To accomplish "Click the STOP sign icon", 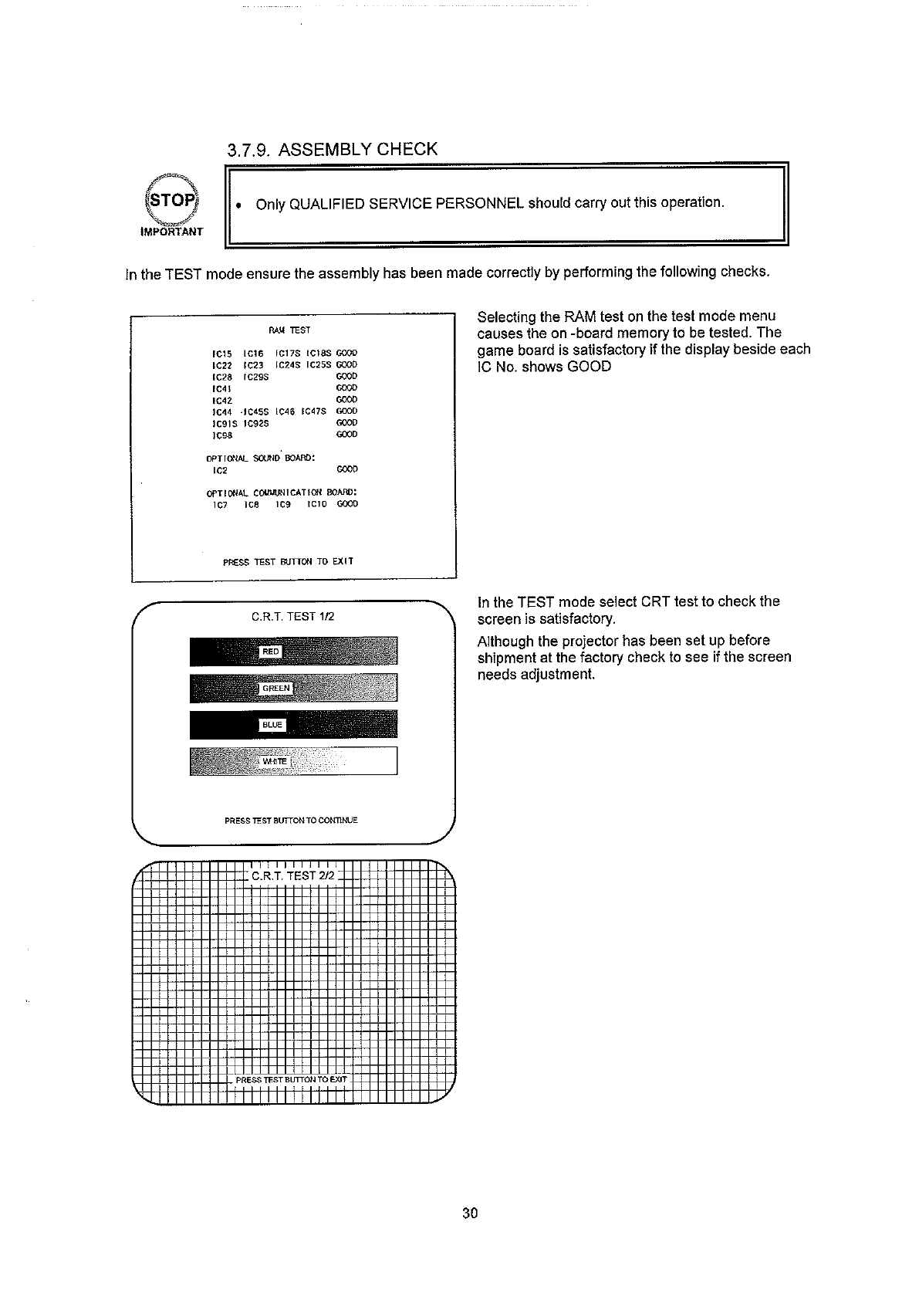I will [174, 201].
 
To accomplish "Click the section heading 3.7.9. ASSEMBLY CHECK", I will [332, 149].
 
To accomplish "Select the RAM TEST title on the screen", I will [289, 330].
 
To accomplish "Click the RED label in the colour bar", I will [270, 652].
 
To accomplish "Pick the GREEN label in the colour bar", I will [275, 688].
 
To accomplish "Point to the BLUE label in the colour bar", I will [272, 725].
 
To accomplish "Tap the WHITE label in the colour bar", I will [274, 761].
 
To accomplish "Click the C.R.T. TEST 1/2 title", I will [292, 617].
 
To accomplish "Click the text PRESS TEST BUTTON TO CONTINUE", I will [291, 821].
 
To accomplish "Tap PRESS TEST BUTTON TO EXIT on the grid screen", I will [291, 1079].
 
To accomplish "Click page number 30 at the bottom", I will [470, 1213].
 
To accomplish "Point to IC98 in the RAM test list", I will [222, 435].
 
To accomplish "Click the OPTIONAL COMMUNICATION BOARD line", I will [281, 493].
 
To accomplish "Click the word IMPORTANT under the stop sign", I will [171, 231].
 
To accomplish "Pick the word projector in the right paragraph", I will [565, 641].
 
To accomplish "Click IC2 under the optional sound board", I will [219, 469].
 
